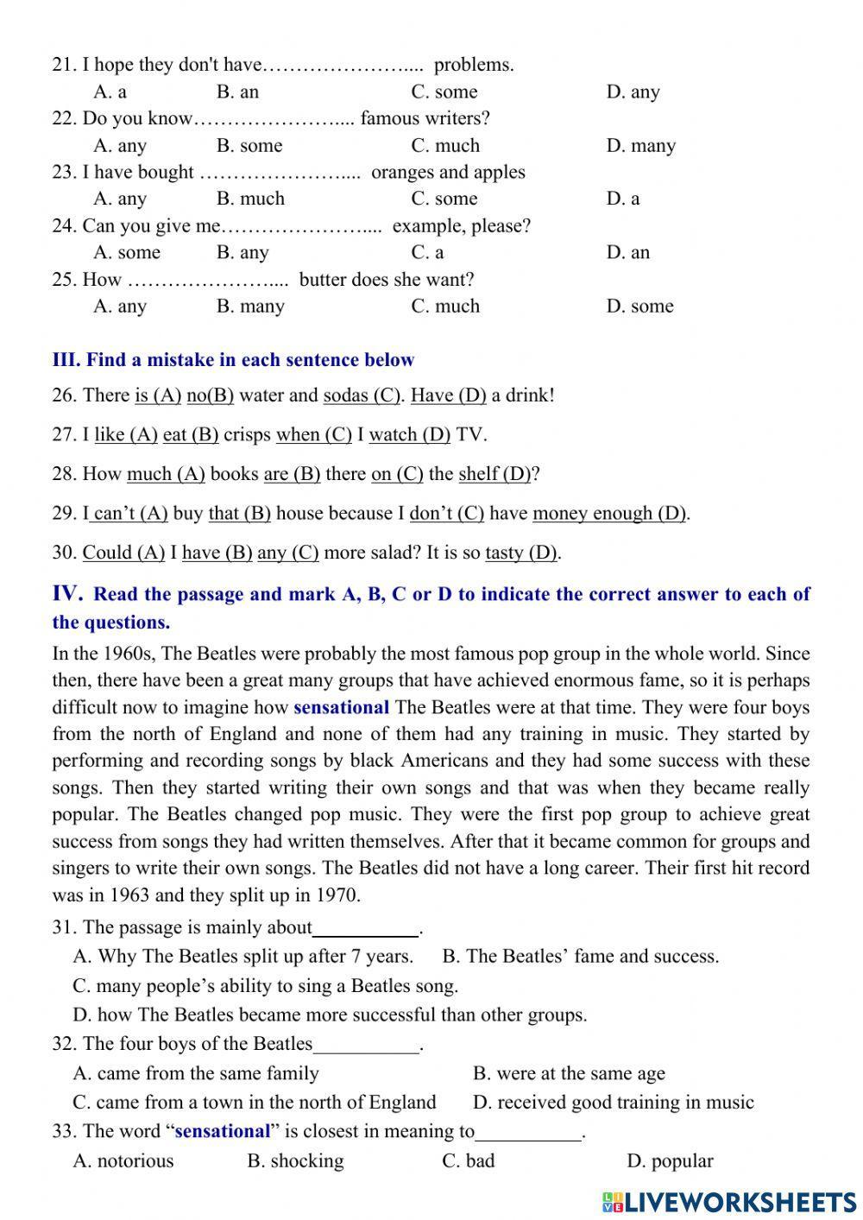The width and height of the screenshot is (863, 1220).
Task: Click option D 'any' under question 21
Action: pyautogui.click(x=633, y=92)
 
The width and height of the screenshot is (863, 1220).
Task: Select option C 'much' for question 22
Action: pyautogui.click(x=445, y=146)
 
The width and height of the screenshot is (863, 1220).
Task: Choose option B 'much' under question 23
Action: pyautogui.click(x=250, y=199)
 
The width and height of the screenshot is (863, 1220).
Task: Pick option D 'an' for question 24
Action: pyautogui.click(x=628, y=253)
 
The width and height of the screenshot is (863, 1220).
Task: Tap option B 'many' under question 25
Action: pyautogui.click(x=250, y=307)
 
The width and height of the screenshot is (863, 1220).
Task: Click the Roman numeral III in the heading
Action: pyautogui.click(x=66, y=360)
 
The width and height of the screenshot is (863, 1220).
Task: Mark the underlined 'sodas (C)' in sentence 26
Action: pyautogui.click(x=362, y=395)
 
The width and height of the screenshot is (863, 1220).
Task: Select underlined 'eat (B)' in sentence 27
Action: pyautogui.click(x=191, y=435)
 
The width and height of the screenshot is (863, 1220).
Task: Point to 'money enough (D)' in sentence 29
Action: pyautogui.click(x=609, y=514)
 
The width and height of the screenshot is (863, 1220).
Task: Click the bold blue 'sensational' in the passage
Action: pyautogui.click(x=341, y=708)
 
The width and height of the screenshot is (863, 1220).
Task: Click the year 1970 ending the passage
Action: pyautogui.click(x=331, y=895)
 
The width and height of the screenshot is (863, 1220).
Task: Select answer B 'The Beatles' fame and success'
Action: pyautogui.click(x=580, y=957)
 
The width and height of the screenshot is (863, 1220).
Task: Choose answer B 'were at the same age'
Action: pyautogui.click(x=569, y=1074)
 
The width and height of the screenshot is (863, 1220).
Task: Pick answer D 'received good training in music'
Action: pyautogui.click(x=613, y=1103)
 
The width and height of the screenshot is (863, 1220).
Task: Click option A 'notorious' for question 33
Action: pyautogui.click(x=123, y=1161)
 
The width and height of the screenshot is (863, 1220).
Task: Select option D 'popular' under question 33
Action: pyautogui.click(x=670, y=1161)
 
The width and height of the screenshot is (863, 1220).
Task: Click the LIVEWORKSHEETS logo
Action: pyautogui.click(x=729, y=1201)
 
